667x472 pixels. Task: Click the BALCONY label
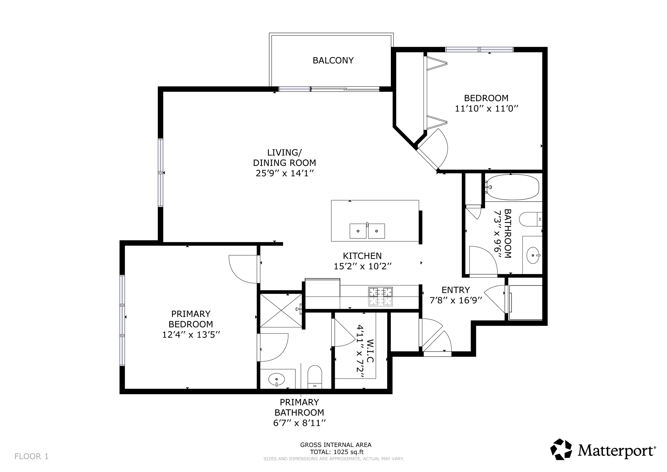click(333, 60)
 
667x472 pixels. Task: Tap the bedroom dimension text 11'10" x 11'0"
click(487, 109)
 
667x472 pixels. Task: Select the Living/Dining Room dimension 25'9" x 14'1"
click(285, 173)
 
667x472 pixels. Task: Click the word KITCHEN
click(362, 256)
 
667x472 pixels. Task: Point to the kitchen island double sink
click(367, 231)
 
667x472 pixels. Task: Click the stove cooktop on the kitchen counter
click(380, 296)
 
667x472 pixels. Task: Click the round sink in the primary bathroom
click(276, 379)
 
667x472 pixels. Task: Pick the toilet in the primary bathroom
click(315, 377)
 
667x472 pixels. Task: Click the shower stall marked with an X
click(281, 310)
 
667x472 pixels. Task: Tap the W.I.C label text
click(370, 351)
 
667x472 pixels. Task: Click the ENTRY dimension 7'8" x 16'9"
click(456, 300)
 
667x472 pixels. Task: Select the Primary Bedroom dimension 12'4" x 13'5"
click(191, 335)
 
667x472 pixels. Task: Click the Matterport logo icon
click(561, 449)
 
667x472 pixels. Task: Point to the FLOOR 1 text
click(31, 457)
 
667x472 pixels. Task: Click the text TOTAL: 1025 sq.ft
click(337, 452)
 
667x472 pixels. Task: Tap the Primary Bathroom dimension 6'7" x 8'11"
click(300, 423)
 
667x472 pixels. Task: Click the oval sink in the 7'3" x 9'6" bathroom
click(533, 255)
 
